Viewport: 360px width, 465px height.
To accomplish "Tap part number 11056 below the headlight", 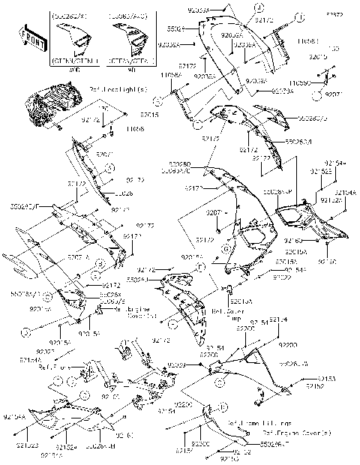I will point(136,130).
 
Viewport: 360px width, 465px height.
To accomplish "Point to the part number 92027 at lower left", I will point(44,349).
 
